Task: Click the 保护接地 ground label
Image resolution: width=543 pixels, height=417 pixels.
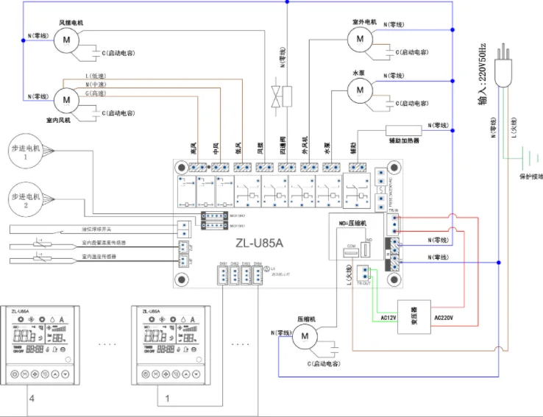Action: pyautogui.click(x=530, y=177)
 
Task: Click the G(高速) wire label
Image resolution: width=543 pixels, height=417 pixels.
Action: pyautogui.click(x=96, y=93)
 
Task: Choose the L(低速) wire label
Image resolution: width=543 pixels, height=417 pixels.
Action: pyautogui.click(x=96, y=76)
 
